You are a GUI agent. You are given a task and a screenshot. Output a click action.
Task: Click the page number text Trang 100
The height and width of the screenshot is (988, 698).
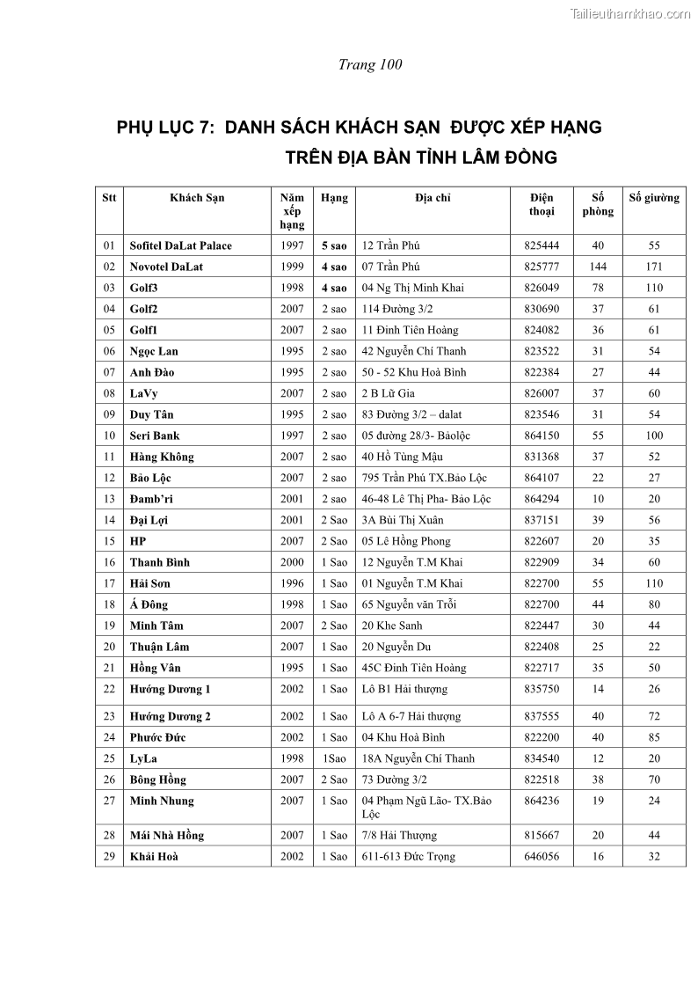coord(370,64)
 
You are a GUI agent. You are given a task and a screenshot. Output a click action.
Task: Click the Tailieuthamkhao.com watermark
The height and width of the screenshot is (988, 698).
coord(630,13)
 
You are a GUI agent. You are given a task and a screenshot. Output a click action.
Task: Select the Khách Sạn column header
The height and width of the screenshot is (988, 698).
coord(197,198)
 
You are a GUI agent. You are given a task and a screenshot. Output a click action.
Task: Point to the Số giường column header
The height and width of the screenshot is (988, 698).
coord(654,198)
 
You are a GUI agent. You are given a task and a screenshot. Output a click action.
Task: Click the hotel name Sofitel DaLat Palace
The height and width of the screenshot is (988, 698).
coord(181,245)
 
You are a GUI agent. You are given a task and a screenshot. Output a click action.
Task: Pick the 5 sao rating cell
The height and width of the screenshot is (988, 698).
coord(334,245)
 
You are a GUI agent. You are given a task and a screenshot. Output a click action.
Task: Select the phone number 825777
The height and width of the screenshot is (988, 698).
coord(542,267)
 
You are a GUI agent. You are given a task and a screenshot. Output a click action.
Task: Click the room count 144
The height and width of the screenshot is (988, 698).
coord(598,267)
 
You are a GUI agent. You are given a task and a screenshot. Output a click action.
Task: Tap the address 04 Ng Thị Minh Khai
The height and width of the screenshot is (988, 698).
coord(413,288)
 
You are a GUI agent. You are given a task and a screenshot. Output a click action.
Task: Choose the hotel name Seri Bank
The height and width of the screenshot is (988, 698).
coord(155,435)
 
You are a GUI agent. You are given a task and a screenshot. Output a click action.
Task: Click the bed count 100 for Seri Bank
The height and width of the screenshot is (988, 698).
coord(654,435)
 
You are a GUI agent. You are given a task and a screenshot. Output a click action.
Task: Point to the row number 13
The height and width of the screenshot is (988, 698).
coord(109,499)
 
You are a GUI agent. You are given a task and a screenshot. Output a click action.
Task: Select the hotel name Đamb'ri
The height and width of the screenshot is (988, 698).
coord(151,499)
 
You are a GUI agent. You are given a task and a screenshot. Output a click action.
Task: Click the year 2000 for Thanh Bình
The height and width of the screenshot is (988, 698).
coord(292,562)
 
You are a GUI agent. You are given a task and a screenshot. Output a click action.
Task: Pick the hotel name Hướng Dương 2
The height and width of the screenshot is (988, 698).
coord(171,716)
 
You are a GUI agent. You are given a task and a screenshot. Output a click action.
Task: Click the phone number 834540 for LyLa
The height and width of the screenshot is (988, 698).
coord(542,758)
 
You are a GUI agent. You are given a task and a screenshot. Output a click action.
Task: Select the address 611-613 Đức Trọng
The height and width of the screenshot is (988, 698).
coord(409,856)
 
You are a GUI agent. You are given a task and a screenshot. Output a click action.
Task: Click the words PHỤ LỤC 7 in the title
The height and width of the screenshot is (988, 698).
coord(165,128)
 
